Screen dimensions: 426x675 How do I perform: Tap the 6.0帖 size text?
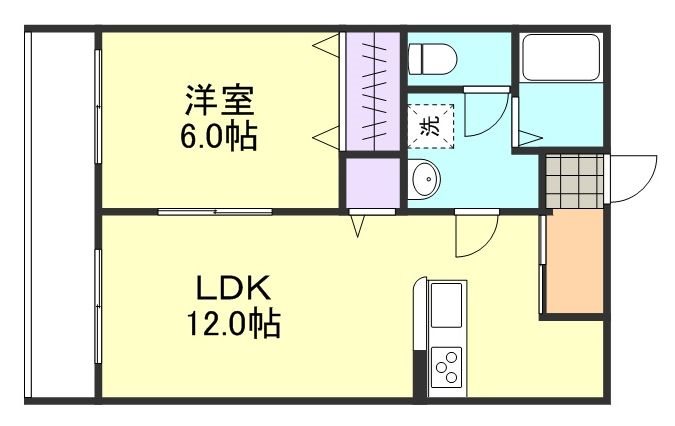pos(220,136)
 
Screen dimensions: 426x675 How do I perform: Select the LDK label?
pos(233,289)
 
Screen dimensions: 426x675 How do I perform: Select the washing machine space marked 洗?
pos(429,126)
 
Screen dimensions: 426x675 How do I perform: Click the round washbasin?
pos(425,181)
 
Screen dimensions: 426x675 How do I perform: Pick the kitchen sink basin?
pos(446,303)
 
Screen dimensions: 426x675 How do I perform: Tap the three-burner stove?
pos(446,365)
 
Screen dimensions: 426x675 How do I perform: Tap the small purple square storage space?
pos(371,182)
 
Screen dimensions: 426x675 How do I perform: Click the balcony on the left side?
pos(60,215)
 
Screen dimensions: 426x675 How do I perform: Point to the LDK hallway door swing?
pos(475,235)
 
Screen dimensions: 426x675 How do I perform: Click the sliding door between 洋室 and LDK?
pos(215,211)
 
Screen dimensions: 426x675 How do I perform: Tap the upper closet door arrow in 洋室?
pos(328,45)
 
